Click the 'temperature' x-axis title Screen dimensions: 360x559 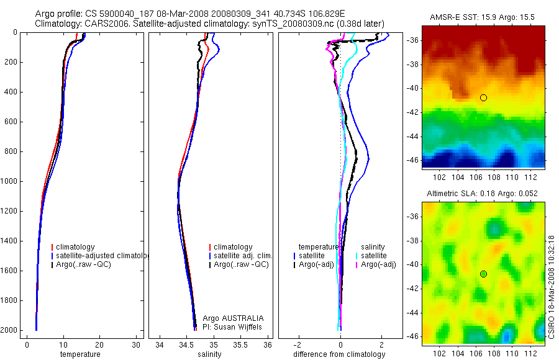click(80, 354)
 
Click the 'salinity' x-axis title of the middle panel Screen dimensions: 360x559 click(209, 354)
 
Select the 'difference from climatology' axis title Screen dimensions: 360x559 click(339, 354)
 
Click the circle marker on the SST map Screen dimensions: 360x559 click(483, 97)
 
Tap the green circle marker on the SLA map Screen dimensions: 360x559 click(483, 274)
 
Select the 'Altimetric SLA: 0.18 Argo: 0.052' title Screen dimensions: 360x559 click(483, 194)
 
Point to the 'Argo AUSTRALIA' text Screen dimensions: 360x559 click(229, 318)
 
